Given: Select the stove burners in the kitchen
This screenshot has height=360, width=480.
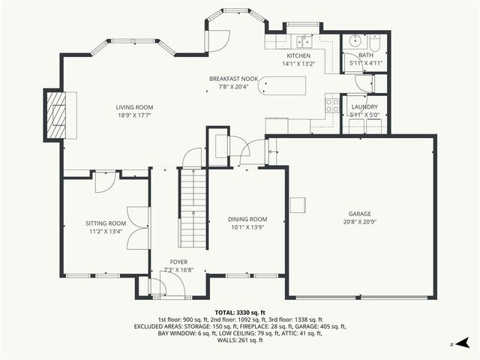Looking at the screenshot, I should click(x=331, y=106).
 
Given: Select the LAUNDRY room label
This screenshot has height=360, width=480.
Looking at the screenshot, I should click(x=364, y=108).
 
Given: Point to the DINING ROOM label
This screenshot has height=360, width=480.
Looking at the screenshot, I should click(x=247, y=219).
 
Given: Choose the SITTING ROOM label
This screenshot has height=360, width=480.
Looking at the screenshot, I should click(x=106, y=223).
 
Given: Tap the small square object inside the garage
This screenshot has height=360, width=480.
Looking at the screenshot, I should click(x=298, y=205).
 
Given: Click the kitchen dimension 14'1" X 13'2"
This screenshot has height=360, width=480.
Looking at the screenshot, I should click(x=298, y=64).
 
